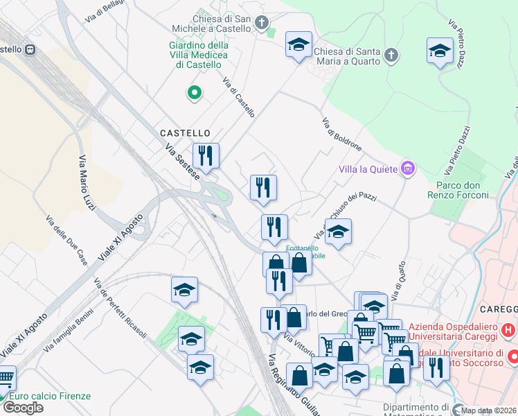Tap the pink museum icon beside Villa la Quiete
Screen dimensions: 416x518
[x=408, y=168]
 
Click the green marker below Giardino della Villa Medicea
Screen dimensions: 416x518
[x=195, y=92]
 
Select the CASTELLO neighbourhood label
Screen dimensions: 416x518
[x=185, y=132]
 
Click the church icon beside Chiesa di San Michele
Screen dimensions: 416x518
[x=262, y=23]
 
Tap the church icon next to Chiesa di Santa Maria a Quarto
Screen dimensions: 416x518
[x=391, y=55]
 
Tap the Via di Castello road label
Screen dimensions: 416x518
[x=239, y=97]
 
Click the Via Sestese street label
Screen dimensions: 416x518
[x=182, y=162]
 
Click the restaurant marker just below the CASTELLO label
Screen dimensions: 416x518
[x=205, y=156]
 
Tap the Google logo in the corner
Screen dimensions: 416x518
[x=23, y=407]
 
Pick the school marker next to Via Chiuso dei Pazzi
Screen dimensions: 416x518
[x=338, y=232]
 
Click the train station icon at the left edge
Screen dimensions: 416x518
[x=30, y=50]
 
